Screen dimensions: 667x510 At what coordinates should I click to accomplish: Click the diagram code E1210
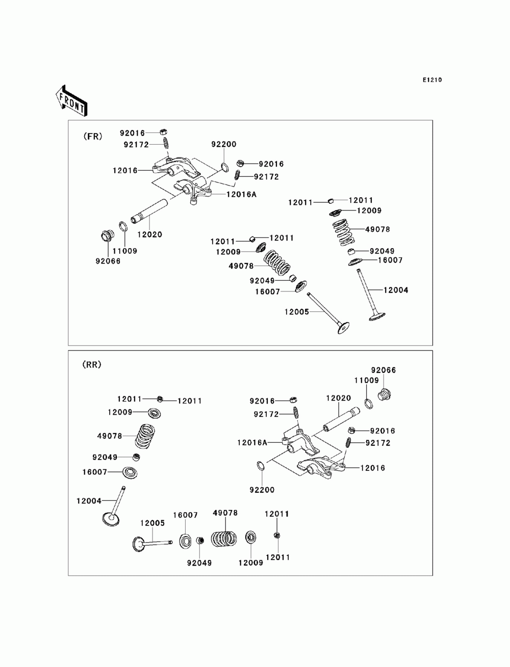point(431,80)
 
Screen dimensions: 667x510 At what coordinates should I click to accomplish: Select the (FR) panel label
point(92,136)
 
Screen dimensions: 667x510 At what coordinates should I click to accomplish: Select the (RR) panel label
point(92,364)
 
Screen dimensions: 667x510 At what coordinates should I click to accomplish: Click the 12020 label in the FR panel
point(149,235)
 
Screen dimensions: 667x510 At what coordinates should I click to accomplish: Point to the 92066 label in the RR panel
point(383,370)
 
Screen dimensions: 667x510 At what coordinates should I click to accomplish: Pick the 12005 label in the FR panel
point(297,312)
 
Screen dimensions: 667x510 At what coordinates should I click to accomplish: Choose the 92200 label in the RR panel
point(262,490)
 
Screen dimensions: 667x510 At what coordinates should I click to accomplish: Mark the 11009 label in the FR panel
point(124,251)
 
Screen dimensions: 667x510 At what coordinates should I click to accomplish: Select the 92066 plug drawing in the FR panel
point(107,236)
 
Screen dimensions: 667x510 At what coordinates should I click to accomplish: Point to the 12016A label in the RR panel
point(252,443)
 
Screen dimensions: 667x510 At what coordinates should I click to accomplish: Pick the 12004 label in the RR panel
point(89,501)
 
